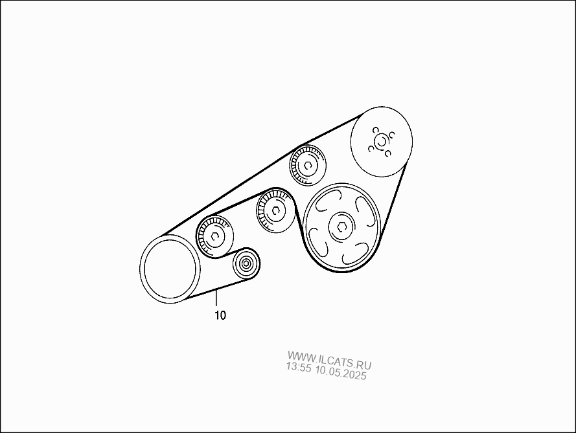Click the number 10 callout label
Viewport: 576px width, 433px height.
point(220,315)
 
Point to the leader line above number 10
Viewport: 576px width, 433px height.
point(216,298)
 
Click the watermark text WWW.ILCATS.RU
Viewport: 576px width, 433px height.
point(329,361)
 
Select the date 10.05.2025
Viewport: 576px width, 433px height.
point(341,373)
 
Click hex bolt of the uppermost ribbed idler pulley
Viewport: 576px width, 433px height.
point(308,166)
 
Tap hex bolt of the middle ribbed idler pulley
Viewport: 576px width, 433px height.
point(276,210)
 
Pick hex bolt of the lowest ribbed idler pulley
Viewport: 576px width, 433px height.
point(215,237)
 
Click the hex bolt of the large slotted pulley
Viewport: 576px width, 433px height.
point(341,228)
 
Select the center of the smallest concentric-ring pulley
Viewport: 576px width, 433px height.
point(246,263)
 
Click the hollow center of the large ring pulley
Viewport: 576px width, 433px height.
point(170,269)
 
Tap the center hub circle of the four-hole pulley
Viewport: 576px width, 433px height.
point(381,141)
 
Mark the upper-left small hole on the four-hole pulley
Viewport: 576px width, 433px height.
point(375,130)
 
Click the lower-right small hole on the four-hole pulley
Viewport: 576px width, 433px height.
point(388,153)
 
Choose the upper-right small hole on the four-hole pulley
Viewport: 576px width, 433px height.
point(392,135)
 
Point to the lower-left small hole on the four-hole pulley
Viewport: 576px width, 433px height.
point(371,148)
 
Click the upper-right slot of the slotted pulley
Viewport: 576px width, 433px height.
point(365,210)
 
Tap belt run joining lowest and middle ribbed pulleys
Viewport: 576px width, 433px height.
point(238,204)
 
